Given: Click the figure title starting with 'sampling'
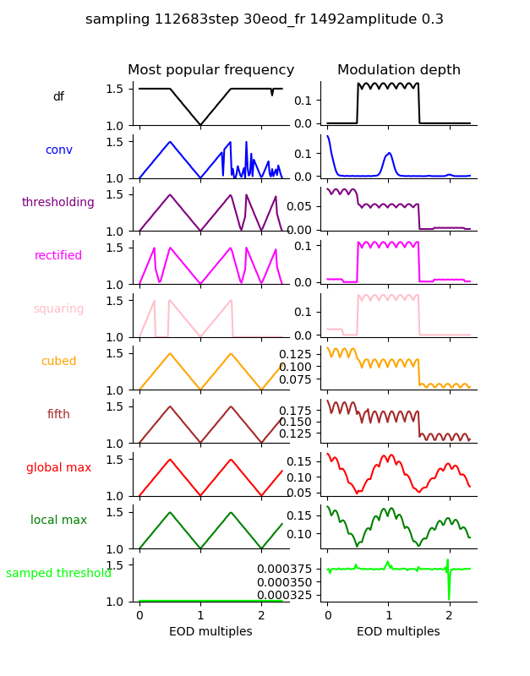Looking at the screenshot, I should tap(265, 19).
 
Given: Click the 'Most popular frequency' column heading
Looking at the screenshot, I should tap(211, 70).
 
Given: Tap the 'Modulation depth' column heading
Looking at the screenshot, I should tap(399, 70).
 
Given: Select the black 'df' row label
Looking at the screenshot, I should tap(58, 96).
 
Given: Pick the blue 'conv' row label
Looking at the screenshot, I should tap(58, 150).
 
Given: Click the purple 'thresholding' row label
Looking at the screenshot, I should tap(58, 202).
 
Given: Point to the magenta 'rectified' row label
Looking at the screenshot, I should tap(58, 255).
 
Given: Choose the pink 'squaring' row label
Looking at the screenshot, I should tap(58, 308).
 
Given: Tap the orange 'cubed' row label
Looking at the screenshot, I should tap(58, 361).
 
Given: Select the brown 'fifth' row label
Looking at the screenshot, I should tap(58, 414).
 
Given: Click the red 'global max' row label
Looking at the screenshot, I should tap(58, 467).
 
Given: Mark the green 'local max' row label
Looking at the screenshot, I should tap(58, 520).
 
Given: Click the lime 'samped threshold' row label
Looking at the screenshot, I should tap(58, 573).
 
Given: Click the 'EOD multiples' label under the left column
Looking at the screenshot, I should tap(211, 631).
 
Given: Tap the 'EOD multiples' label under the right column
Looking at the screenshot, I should tap(399, 631).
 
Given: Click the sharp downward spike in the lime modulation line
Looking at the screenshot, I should tap(449, 597).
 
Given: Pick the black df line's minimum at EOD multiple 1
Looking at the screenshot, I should tap(200, 125).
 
